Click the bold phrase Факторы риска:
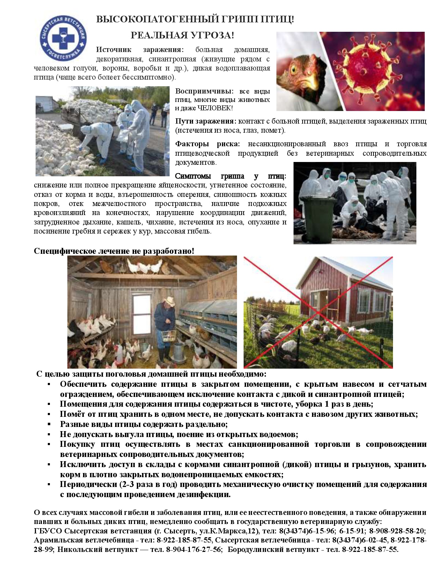point(208,144)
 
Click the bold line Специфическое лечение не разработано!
point(114,251)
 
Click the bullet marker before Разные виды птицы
point(50,424)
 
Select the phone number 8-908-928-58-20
point(397,531)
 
